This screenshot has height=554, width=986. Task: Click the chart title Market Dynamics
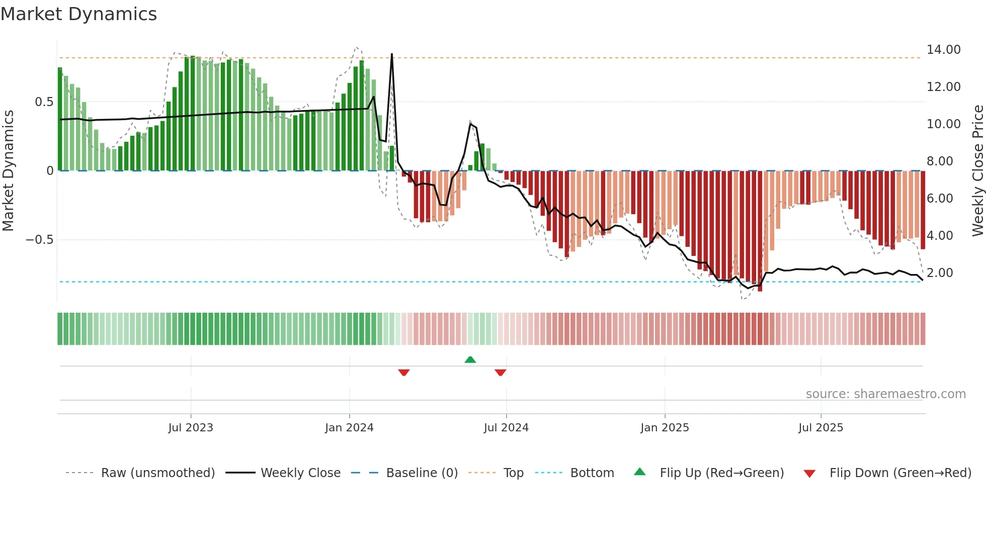(78, 14)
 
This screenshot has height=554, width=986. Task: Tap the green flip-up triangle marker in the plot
(470, 359)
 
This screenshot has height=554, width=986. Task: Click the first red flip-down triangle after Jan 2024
(403, 373)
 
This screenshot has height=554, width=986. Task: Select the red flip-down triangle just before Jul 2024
(500, 373)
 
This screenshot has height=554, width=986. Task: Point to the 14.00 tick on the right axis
(943, 50)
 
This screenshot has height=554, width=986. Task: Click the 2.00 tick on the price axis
(940, 273)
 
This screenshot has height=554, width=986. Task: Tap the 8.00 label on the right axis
(940, 161)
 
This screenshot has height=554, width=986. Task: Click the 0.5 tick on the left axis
(44, 102)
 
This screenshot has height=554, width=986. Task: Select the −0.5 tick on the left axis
(40, 240)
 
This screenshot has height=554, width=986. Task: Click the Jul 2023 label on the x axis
(191, 428)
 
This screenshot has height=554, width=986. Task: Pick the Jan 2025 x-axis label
(665, 428)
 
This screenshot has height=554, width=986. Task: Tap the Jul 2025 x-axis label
(820, 428)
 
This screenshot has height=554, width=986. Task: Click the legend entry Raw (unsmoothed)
(157, 473)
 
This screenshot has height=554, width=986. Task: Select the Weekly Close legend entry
(300, 473)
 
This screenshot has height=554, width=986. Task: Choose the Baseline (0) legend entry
(422, 473)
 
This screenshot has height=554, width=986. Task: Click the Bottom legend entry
(592, 473)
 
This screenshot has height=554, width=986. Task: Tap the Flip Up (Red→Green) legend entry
(721, 473)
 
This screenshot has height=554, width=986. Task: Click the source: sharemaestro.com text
(885, 394)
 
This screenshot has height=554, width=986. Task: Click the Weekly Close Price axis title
(977, 170)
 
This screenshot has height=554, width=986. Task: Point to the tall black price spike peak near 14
(392, 54)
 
